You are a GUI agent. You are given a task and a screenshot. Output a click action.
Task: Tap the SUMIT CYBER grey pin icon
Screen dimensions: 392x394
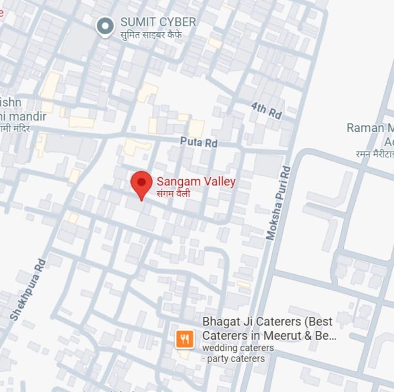(105, 26)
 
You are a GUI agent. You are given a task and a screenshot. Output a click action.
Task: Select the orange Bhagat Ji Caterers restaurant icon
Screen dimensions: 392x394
(184, 338)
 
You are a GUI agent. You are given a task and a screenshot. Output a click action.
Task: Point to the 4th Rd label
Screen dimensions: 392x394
(266, 111)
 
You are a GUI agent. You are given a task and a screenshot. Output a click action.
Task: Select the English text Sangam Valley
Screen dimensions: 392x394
(196, 182)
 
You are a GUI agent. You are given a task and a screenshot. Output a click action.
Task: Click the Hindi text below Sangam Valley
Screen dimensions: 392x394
(173, 194)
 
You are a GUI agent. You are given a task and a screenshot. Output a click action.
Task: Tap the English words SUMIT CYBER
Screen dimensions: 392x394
(158, 22)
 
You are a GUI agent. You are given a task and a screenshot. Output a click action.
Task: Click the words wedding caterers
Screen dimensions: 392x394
(238, 348)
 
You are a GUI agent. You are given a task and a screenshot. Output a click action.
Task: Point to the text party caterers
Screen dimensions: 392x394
(236, 359)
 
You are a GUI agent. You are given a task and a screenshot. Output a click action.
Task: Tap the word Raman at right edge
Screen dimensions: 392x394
(364, 128)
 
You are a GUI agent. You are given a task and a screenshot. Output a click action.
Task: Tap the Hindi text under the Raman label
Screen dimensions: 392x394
(374, 154)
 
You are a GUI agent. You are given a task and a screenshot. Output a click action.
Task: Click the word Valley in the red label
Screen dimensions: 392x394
(218, 182)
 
